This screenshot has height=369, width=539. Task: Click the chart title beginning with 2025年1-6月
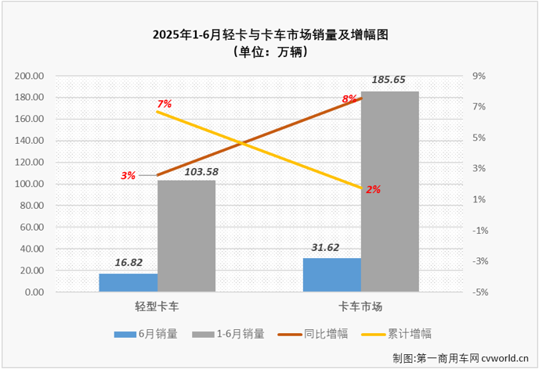[x=270, y=34]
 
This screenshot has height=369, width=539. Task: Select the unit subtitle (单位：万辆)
[x=270, y=52]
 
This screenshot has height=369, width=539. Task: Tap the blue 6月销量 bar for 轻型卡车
[x=128, y=283]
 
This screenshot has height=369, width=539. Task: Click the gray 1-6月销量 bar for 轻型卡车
[x=186, y=236]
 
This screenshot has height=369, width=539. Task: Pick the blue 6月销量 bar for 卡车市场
[x=332, y=275]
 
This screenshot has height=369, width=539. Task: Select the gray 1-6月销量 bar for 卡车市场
[x=390, y=192]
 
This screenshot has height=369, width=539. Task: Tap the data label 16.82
[x=128, y=263]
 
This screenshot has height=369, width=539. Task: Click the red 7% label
[x=164, y=103]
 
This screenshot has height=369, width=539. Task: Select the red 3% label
[x=128, y=176]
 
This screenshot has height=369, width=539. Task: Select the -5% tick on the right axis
[x=479, y=292]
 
